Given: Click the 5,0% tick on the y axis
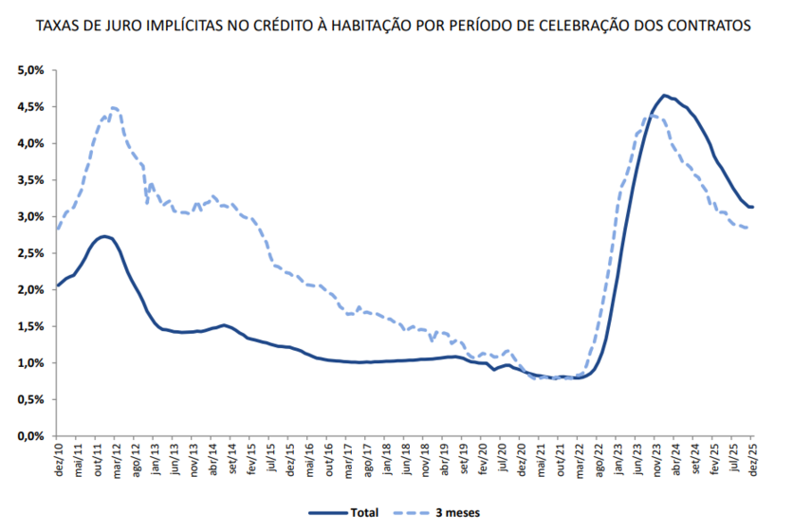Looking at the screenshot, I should [32, 70].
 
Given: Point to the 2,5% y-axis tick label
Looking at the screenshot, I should [32, 253].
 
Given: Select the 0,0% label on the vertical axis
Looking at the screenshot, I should [32, 436].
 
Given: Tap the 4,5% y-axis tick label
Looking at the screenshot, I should [32, 107].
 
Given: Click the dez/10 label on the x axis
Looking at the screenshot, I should [59, 459].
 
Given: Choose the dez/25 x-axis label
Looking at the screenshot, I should [753, 459].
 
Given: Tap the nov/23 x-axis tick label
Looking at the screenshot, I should [657, 459].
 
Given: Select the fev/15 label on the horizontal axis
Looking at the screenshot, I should [252, 459].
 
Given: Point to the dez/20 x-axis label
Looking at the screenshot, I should [522, 459].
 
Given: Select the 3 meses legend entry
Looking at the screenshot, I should [456, 512].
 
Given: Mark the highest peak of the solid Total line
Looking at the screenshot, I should [664, 95].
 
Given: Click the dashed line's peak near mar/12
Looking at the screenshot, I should [113, 107].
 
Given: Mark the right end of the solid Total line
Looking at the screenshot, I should [753, 207].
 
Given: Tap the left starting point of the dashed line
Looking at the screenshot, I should [58, 229].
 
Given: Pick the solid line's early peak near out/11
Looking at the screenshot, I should [104, 236].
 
